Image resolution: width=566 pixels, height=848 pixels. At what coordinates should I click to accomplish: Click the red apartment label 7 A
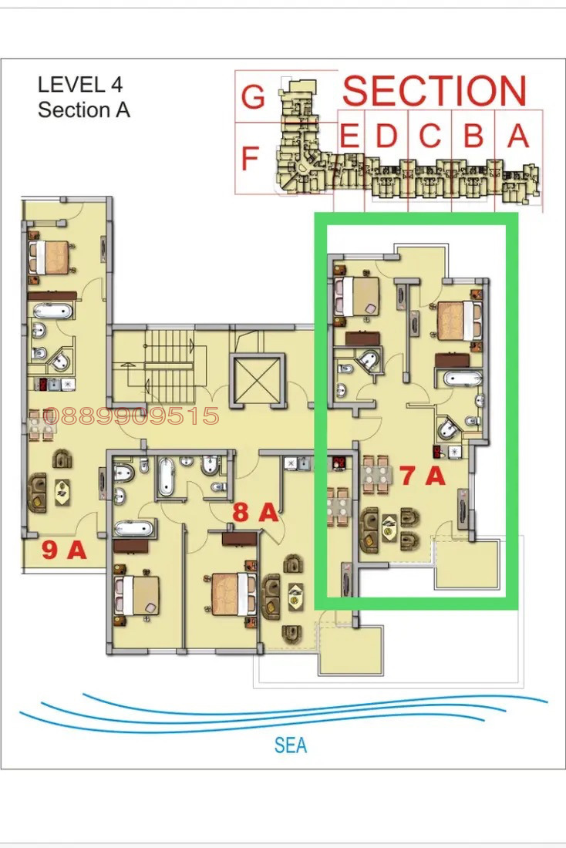click(423, 476)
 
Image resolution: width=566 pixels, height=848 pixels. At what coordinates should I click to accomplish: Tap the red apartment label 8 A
click(255, 512)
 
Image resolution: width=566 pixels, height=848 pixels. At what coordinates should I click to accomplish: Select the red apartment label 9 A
click(65, 550)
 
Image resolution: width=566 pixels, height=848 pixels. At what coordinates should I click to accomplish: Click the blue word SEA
click(291, 745)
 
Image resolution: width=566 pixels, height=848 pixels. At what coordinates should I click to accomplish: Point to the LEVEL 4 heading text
click(80, 85)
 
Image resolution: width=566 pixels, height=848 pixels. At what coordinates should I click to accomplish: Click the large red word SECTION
click(434, 90)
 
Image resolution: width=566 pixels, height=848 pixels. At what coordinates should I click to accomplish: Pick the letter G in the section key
click(253, 97)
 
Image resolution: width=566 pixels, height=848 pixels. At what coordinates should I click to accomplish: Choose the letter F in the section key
click(249, 159)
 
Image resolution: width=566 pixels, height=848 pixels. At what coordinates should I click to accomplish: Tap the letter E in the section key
click(349, 136)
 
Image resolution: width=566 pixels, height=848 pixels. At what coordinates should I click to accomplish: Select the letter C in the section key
click(430, 136)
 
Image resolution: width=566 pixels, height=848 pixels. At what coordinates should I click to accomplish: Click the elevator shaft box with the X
click(258, 380)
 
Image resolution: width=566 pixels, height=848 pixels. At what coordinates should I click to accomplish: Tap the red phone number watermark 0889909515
click(131, 416)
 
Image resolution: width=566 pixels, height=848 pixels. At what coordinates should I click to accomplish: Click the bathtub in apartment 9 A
click(52, 311)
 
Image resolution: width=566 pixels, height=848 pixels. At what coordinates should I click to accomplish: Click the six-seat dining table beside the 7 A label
click(376, 474)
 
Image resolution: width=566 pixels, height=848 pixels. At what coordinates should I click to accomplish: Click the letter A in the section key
click(518, 136)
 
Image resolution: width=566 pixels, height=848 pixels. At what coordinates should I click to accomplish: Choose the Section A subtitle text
click(84, 109)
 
